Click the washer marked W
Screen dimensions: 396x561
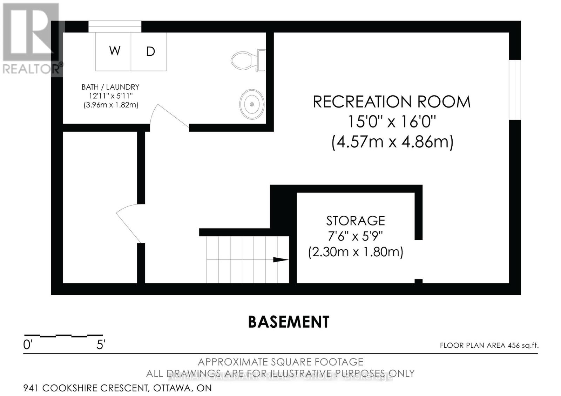[114, 51]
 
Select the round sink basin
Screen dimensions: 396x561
[252, 104]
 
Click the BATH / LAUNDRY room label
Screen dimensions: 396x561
[110, 87]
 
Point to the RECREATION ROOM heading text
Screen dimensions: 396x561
[391, 102]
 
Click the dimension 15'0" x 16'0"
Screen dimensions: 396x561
[391, 122]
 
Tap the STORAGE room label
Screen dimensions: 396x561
[356, 221]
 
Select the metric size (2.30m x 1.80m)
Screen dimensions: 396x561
[356, 252]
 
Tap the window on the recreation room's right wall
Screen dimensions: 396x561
[515, 90]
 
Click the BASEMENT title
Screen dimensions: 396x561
[289, 322]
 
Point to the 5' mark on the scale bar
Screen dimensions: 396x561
[101, 345]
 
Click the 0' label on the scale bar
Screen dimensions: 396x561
[28, 345]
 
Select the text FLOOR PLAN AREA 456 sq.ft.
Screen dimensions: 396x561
[489, 346]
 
